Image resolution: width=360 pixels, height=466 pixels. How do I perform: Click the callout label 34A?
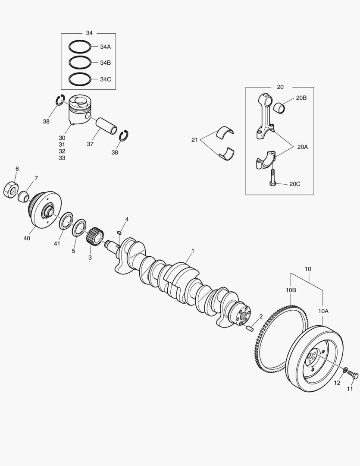pyautogui.click(x=105, y=47)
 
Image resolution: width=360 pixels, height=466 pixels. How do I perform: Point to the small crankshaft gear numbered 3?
pyautogui.click(x=95, y=237)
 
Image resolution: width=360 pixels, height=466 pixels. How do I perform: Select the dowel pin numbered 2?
pyautogui.click(x=250, y=328)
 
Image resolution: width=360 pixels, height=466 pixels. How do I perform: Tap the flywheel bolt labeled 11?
pyautogui.click(x=353, y=375)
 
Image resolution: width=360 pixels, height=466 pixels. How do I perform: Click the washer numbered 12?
pyautogui.click(x=345, y=370)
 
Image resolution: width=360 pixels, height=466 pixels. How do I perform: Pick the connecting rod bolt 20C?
pyautogui.click(x=272, y=178)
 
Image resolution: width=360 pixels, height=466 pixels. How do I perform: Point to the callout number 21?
pyautogui.click(x=194, y=140)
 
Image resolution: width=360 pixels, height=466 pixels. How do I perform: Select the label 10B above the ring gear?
pyautogui.click(x=291, y=290)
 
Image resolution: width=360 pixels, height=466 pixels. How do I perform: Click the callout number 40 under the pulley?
pyautogui.click(x=27, y=238)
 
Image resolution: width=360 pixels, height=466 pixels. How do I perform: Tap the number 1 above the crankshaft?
pyautogui.click(x=192, y=251)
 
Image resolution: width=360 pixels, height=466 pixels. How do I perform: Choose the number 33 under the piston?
pyautogui.click(x=62, y=158)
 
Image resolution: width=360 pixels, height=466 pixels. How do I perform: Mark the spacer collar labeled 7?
pyautogui.click(x=23, y=196)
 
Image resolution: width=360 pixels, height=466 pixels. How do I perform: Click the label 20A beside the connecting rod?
pyautogui.click(x=302, y=147)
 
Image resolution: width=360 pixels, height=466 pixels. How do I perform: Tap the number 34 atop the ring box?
pyautogui.click(x=89, y=33)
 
